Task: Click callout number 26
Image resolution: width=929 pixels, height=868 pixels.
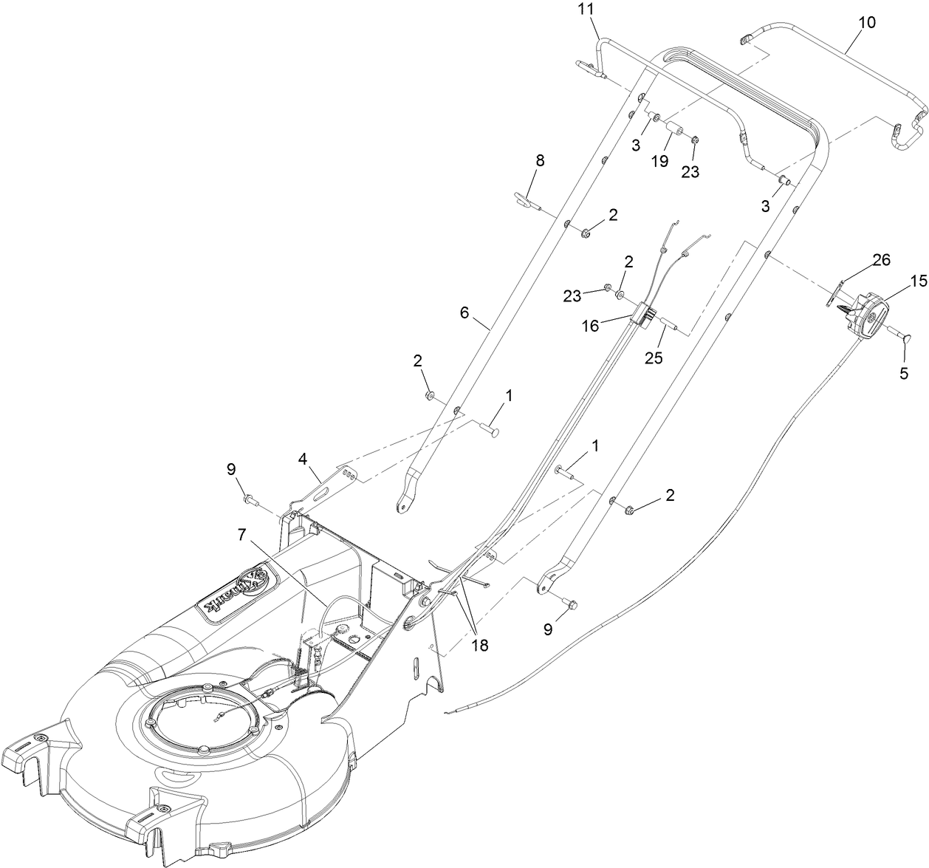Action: click(x=881, y=259)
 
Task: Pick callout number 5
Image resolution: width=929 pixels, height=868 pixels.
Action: click(x=904, y=373)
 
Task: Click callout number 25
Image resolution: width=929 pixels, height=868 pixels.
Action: click(x=653, y=358)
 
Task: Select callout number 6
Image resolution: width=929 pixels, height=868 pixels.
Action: click(x=464, y=312)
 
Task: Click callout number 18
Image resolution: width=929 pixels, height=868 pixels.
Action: click(x=480, y=645)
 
